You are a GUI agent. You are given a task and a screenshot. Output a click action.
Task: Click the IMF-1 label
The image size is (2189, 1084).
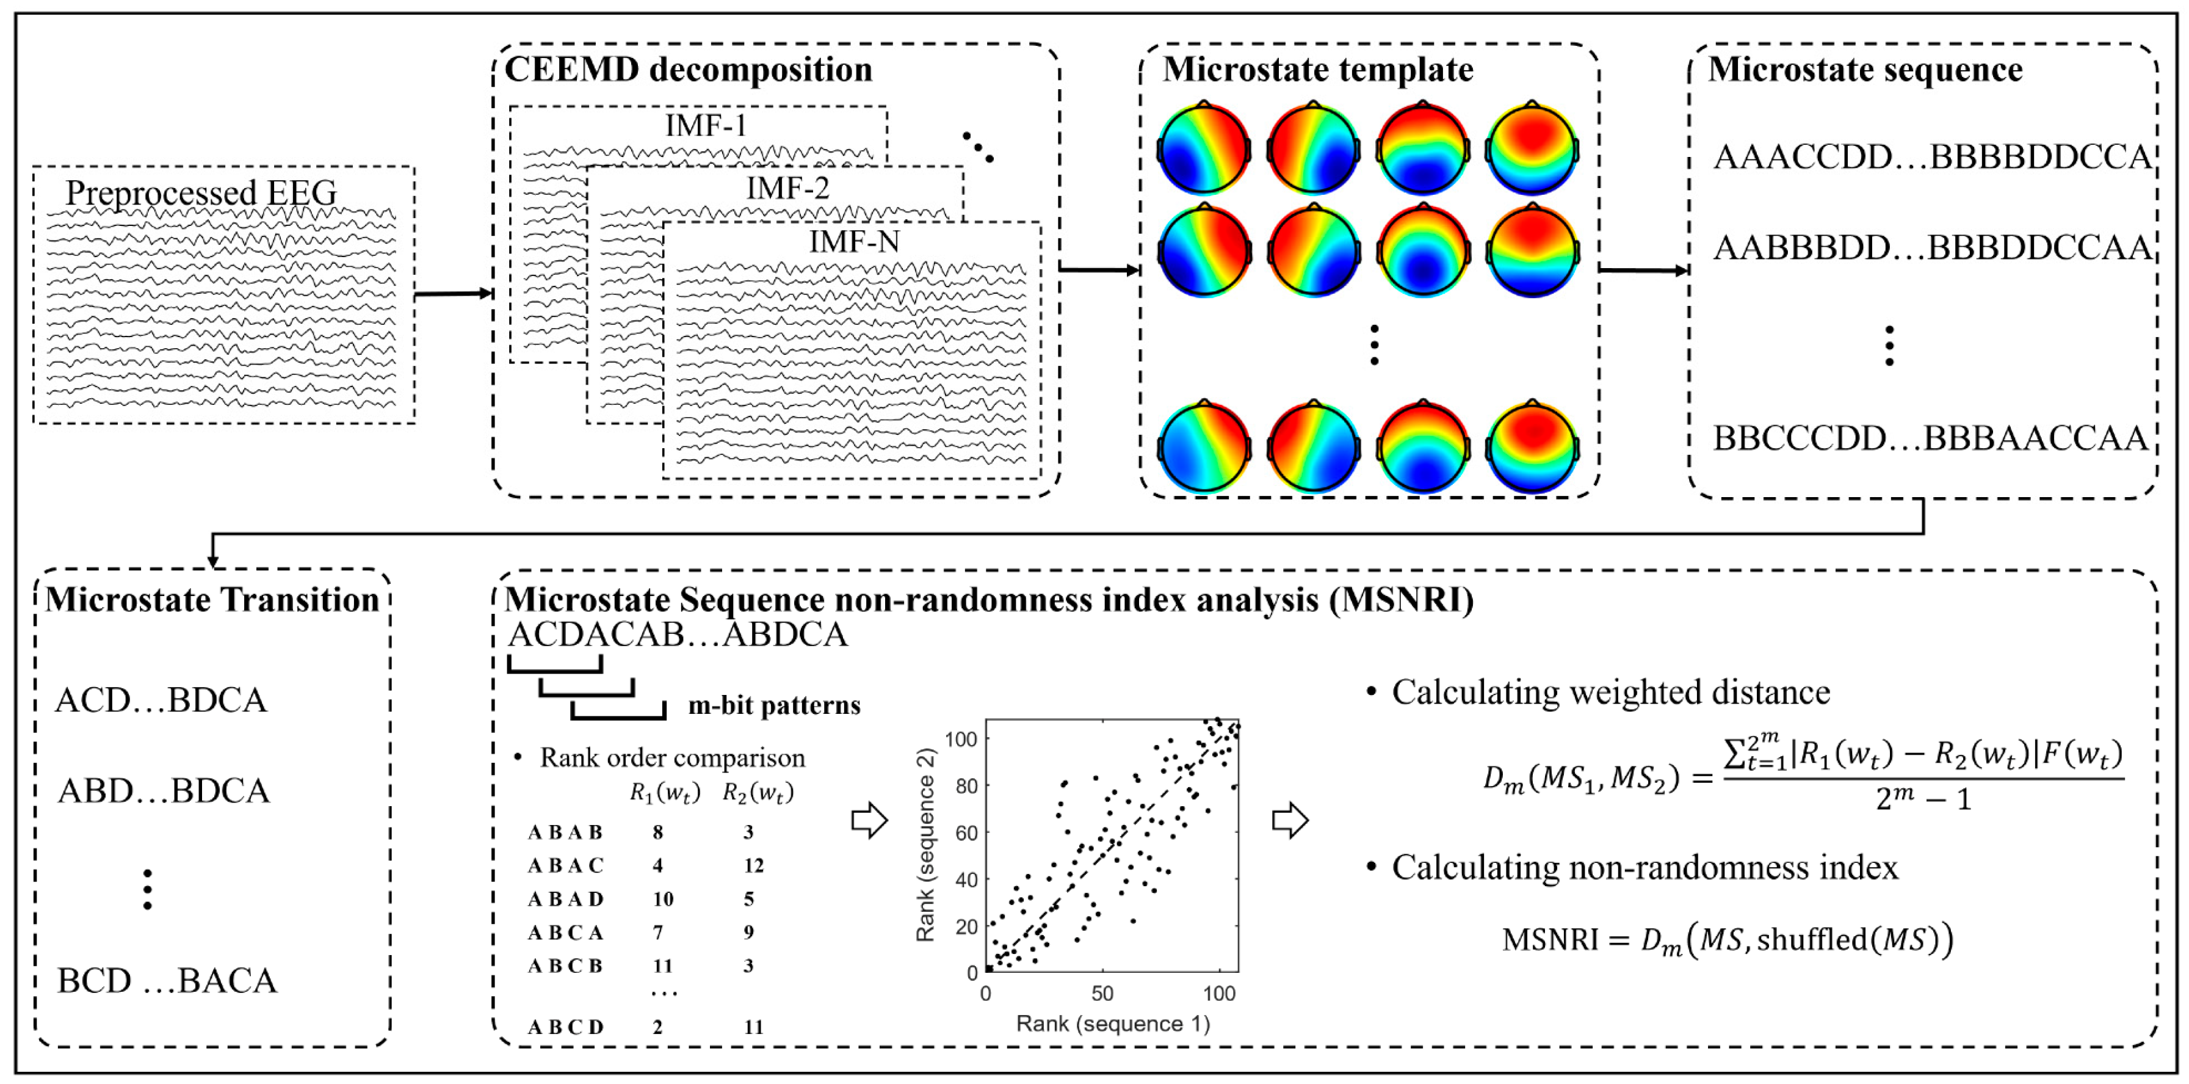(x=705, y=126)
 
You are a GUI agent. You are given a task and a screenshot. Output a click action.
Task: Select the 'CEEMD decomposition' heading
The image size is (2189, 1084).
(x=689, y=70)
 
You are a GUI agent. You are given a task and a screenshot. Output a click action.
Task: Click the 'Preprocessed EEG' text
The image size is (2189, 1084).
(x=201, y=193)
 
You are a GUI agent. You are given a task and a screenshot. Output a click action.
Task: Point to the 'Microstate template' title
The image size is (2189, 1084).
(x=1318, y=70)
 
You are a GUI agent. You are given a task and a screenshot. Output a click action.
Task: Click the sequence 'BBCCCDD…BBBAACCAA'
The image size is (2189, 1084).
(x=1930, y=438)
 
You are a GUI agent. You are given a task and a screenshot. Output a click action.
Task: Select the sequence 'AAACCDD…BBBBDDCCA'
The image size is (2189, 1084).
(x=1931, y=158)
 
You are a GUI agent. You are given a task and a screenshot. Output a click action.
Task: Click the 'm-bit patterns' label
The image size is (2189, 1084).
(x=774, y=705)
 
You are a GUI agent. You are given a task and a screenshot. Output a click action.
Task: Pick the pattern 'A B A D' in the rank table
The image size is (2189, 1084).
(x=565, y=899)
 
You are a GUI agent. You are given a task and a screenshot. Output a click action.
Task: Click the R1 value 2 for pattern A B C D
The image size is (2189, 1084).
(x=657, y=1027)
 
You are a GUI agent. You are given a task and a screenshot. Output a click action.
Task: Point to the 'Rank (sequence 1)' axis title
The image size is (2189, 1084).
(x=1112, y=1024)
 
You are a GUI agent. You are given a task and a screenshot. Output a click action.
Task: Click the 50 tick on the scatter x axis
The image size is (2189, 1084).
(x=1102, y=993)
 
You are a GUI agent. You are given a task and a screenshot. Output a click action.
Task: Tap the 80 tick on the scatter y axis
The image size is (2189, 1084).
(x=966, y=785)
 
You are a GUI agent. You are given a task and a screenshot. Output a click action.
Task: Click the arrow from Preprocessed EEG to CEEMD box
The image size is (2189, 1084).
(x=454, y=294)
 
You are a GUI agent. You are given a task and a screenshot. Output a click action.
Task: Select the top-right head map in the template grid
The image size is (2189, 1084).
(x=1532, y=148)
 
